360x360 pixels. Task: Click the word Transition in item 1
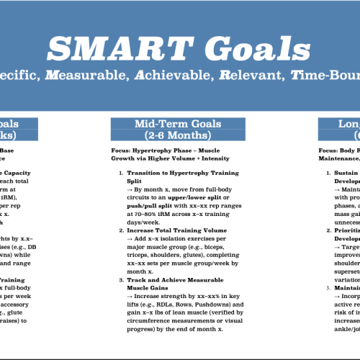click(142, 174)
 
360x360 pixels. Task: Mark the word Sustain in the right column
click(346, 174)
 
